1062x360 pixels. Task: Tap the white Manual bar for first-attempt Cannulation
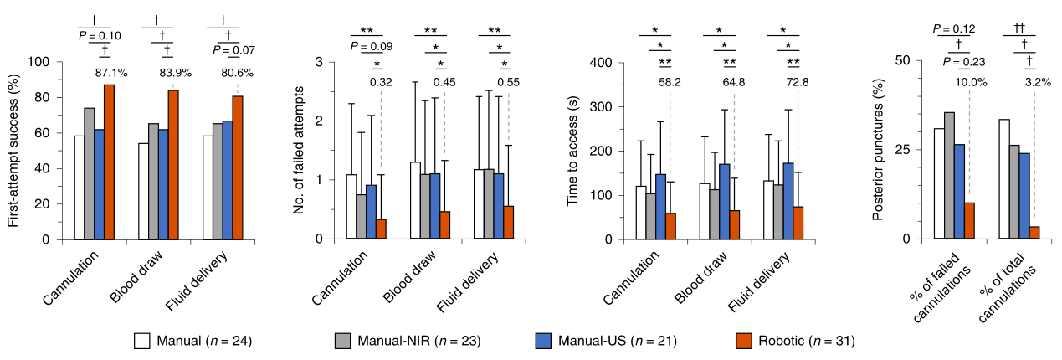tap(79, 188)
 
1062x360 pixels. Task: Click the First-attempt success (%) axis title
tap(13, 151)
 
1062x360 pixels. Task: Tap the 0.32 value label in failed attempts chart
tap(381, 82)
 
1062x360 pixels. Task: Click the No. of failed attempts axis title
tap(298, 151)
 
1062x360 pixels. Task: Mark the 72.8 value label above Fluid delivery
tap(798, 82)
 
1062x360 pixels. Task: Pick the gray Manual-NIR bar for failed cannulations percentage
tap(949, 176)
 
